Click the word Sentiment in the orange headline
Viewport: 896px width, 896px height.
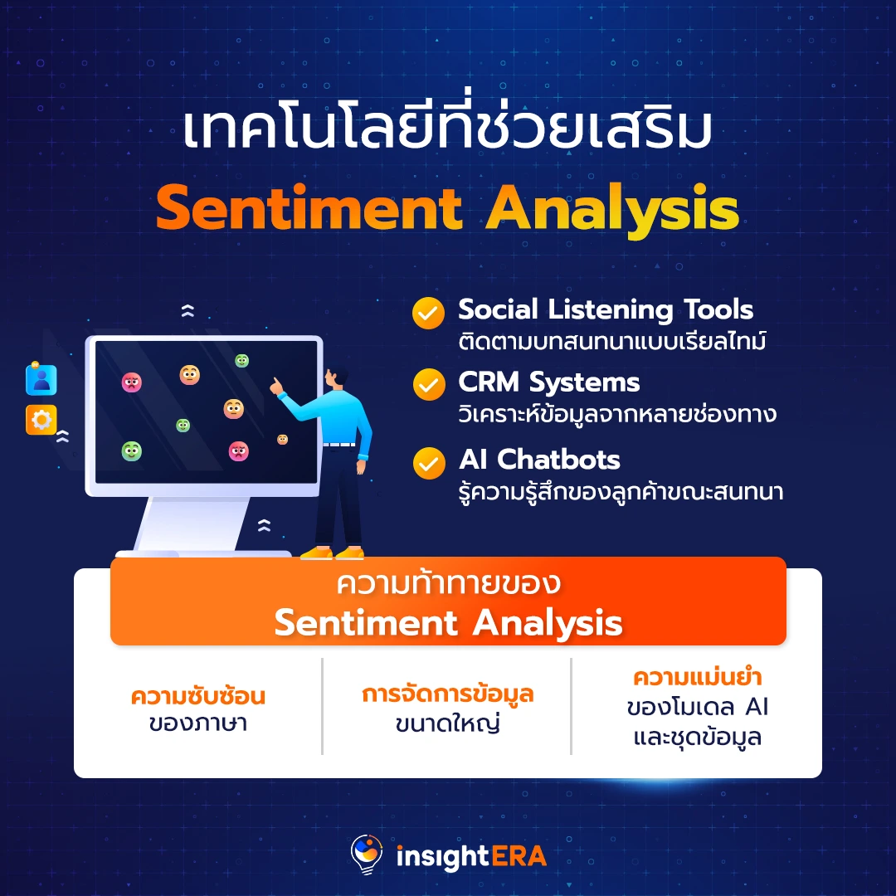pyautogui.click(x=309, y=207)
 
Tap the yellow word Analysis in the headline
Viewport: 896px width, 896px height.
pyautogui.click(x=612, y=210)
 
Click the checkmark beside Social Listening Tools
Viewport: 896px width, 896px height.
pyautogui.click(x=428, y=313)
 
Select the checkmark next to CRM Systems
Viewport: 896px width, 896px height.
pyautogui.click(x=429, y=385)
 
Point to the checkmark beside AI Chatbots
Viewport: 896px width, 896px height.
pyautogui.click(x=429, y=463)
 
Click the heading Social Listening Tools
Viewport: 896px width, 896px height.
pyautogui.click(x=606, y=310)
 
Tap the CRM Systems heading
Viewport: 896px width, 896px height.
pyautogui.click(x=548, y=382)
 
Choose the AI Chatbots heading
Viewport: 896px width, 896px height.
pyautogui.click(x=539, y=460)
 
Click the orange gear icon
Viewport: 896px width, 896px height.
pyautogui.click(x=41, y=420)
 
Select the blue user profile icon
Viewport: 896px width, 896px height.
pyautogui.click(x=41, y=379)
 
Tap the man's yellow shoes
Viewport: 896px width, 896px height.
pyautogui.click(x=332, y=553)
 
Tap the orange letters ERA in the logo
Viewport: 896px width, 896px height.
pyautogui.click(x=519, y=856)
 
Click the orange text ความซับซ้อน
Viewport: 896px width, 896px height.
pyautogui.click(x=197, y=697)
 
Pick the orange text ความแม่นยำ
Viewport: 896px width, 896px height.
pyautogui.click(x=697, y=677)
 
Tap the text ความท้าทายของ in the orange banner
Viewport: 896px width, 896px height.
pyautogui.click(x=448, y=584)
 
